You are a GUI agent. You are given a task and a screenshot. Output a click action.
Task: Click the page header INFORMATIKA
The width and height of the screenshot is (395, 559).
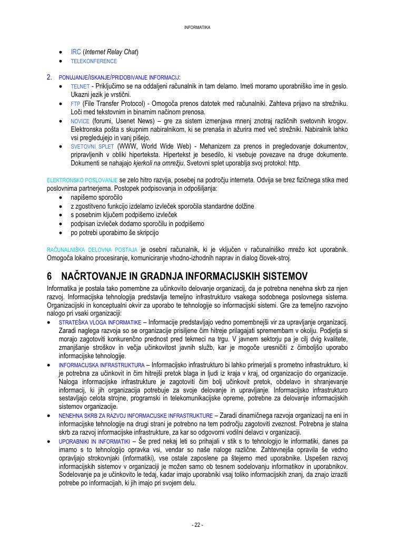[197, 27]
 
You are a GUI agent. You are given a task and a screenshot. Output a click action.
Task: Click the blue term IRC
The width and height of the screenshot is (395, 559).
[76, 52]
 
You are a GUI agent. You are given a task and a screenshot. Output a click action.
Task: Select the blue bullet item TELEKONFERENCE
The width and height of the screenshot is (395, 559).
[94, 61]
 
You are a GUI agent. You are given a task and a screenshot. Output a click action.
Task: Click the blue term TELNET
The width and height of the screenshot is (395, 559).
[80, 86]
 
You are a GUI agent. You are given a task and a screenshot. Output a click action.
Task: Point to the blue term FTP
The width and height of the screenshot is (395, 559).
[75, 104]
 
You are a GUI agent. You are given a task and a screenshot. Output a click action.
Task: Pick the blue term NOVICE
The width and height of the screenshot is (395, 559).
[80, 121]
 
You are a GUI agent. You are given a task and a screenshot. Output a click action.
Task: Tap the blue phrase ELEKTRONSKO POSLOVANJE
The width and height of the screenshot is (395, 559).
[82, 180]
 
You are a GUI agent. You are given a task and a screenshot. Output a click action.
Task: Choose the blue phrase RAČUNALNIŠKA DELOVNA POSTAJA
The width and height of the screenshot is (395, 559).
[92, 250]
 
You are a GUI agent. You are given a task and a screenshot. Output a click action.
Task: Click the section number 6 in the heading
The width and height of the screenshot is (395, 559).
[50, 276]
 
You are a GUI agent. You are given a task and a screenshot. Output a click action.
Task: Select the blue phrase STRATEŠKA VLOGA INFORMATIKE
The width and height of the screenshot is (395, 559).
[100, 322]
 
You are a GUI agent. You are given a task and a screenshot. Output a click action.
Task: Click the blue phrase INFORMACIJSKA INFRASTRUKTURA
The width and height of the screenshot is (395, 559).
[102, 365]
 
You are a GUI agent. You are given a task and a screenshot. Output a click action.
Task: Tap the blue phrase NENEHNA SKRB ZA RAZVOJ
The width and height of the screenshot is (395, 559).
[136, 416]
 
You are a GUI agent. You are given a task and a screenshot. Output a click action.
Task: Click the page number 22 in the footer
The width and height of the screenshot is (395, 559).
[197, 525]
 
